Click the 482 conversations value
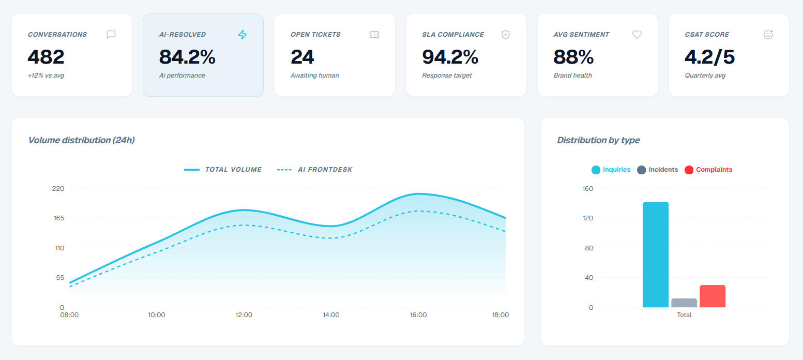pos(46,57)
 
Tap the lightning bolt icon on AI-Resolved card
pos(243,35)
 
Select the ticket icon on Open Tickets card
pos(374,35)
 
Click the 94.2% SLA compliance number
pos(450,57)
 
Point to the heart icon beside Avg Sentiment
pos(637,35)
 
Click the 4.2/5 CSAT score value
pos(709,57)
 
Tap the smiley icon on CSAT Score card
pos(768,35)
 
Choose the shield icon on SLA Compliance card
pos(506,35)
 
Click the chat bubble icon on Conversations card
pos(111,35)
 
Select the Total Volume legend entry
pos(223,170)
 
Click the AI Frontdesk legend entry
pos(315,170)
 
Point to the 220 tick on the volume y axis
pos(58,188)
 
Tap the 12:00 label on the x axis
pos(244,315)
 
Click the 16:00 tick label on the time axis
pos(418,315)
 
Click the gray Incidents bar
pos(684,303)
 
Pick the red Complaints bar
pos(713,296)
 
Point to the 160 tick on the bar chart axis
pos(587,188)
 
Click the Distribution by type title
pos(598,140)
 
